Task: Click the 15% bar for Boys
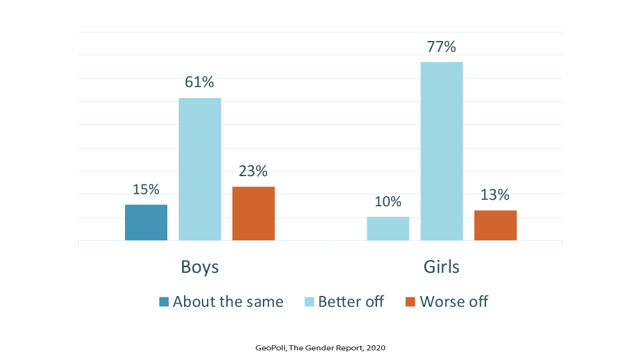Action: [146, 222]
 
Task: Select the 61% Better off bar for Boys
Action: [200, 169]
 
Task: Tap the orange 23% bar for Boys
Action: [253, 213]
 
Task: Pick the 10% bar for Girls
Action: [388, 229]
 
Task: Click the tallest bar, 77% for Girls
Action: [442, 151]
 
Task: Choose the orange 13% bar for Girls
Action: [495, 225]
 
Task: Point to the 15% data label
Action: [146, 190]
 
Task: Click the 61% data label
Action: [200, 83]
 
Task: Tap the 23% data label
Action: [253, 171]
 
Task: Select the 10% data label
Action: [388, 202]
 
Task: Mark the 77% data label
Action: [442, 47]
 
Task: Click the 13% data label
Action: [495, 195]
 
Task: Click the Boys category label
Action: [200, 266]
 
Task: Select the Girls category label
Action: [442, 266]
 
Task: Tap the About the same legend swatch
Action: [164, 302]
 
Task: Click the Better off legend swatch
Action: [310, 302]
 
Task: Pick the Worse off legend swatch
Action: [411, 302]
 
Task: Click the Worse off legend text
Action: [454, 302]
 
